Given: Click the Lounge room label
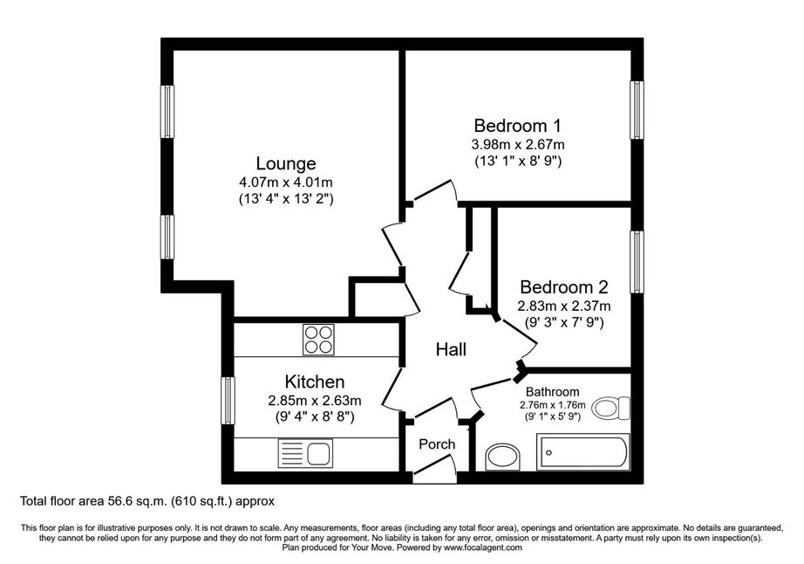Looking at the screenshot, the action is coord(286,164).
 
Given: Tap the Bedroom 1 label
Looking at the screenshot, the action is coord(517,126).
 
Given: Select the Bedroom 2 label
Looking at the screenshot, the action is coord(564,287).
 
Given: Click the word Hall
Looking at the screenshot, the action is coord(451,349).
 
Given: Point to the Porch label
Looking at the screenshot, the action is coord(437,444).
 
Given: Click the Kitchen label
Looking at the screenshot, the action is coord(314,382).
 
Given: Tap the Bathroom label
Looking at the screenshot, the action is coord(553,392).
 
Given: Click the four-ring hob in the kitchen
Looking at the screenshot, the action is coord(318,340).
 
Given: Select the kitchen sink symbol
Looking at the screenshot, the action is coord(305,453).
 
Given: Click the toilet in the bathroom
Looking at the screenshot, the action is coord(611,408).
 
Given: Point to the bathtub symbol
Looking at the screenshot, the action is coord(583,452).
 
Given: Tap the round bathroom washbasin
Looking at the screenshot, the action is coord(502,457).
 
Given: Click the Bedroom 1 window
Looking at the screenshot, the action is coord(637,110).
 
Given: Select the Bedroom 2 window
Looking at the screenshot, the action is coord(637,262).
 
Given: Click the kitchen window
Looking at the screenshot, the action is coord(228,401).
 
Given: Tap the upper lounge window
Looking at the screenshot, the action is coord(167,112).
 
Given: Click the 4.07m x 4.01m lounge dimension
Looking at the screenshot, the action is coord(286,182).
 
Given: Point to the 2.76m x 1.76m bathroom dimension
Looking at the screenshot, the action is coord(553,404).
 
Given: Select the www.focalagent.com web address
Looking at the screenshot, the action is coord(483,547).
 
